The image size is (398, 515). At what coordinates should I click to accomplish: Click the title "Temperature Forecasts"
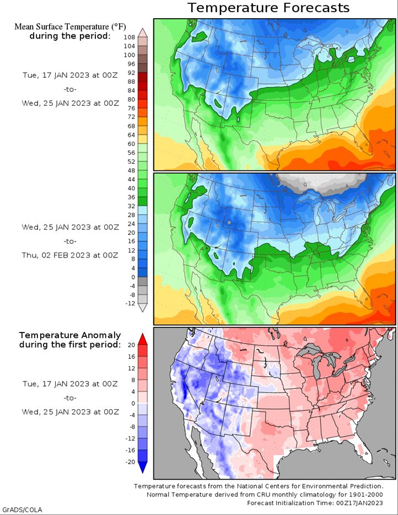click(x=268, y=8)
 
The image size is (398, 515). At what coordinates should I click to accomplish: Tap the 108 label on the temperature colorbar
click(x=130, y=37)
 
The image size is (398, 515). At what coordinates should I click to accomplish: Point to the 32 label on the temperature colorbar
click(x=131, y=206)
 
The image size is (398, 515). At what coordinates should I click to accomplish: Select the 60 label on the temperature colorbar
click(x=131, y=144)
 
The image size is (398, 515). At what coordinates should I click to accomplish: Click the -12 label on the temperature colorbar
click(x=130, y=303)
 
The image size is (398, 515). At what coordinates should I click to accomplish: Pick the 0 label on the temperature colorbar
click(x=133, y=277)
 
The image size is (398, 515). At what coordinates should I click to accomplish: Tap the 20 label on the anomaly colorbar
click(x=131, y=345)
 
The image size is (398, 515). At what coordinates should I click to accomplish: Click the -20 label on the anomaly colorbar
click(x=130, y=462)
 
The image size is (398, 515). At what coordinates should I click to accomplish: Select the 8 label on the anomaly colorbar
click(x=133, y=380)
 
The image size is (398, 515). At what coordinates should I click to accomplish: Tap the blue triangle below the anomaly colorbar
click(x=143, y=467)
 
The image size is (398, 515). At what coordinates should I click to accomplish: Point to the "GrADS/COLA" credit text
click(x=22, y=509)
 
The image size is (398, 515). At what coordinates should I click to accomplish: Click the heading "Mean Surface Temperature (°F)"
click(x=70, y=26)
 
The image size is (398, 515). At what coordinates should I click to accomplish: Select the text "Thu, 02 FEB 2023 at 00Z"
click(x=70, y=255)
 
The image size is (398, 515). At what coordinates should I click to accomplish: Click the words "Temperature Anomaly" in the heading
click(x=70, y=335)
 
